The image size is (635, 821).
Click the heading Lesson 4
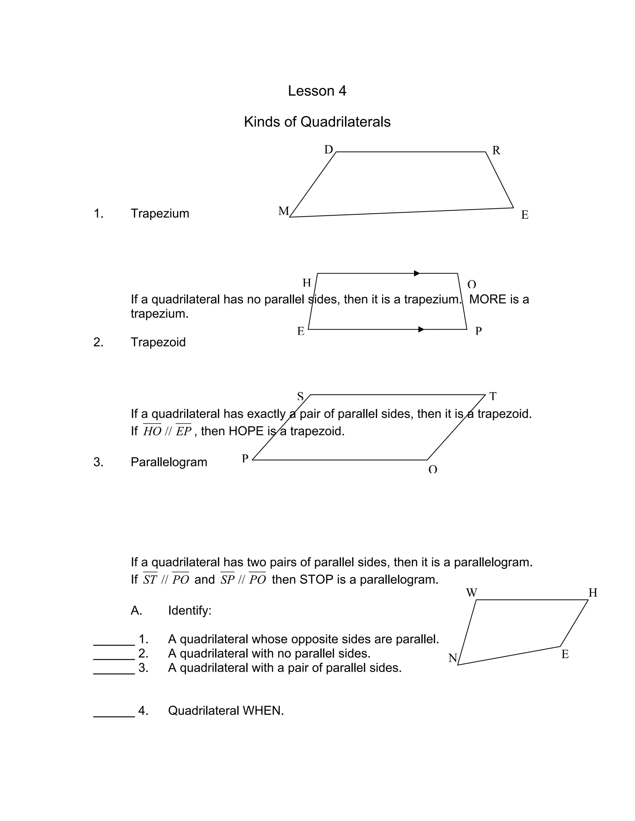point(317,91)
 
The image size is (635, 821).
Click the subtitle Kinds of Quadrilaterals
point(317,122)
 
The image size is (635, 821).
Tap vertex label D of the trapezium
point(328,150)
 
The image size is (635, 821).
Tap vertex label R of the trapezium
point(496,150)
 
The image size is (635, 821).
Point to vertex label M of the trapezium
point(283,211)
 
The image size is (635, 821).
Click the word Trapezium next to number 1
point(160,213)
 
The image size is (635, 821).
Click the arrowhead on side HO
point(416,273)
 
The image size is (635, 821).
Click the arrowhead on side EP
point(421,329)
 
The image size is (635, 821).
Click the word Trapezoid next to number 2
point(158,342)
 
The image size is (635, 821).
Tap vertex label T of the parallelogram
point(493,396)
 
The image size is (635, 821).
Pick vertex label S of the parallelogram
point(300,396)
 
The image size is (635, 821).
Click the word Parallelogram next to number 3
point(169,462)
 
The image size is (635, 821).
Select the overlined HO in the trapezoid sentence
point(152,431)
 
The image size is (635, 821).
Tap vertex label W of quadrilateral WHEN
point(471,593)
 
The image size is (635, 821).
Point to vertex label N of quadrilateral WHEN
point(453,658)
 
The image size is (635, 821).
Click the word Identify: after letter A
point(189,611)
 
